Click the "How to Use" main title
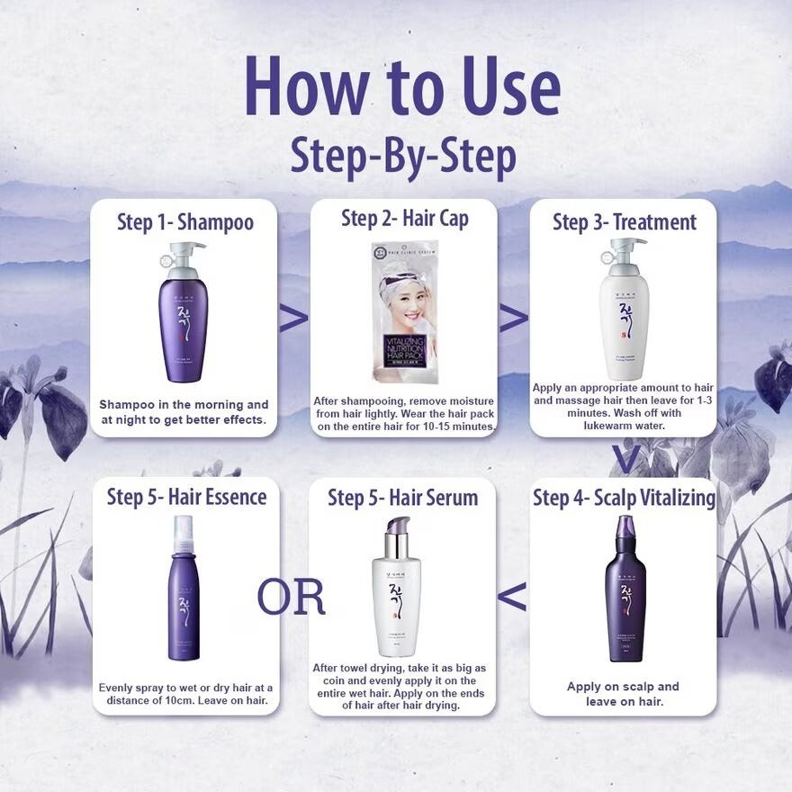click(402, 88)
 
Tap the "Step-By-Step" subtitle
click(402, 156)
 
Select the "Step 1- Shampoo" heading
click(185, 221)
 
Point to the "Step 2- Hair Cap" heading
click(404, 218)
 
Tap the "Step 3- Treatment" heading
click(624, 221)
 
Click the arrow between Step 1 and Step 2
click(293, 318)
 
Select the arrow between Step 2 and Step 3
click(514, 318)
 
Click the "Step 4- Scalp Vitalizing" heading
click(624, 498)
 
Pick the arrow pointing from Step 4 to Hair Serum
click(512, 596)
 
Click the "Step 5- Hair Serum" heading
click(402, 498)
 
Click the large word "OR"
click(291, 597)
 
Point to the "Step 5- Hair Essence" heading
click(186, 497)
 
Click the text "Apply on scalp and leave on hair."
click(623, 693)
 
